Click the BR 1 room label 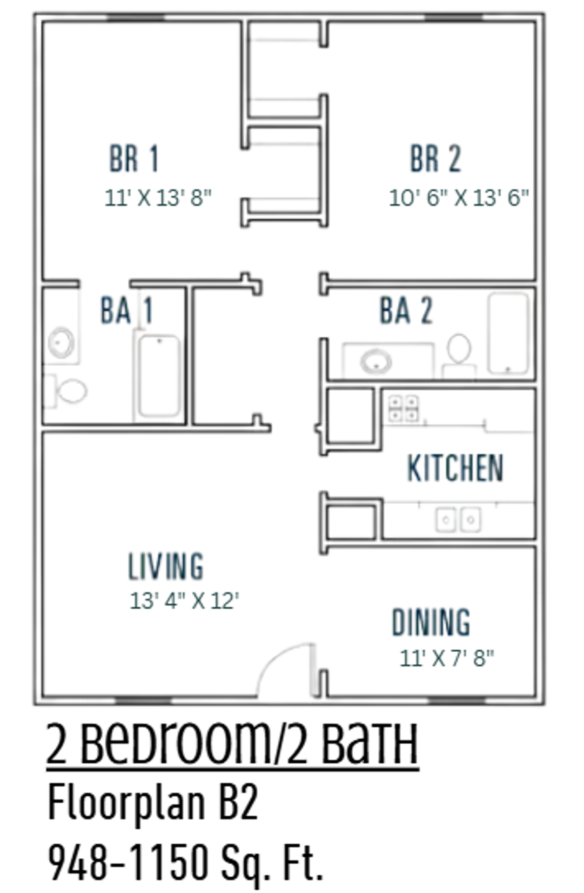coord(134,159)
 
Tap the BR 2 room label coord(435,159)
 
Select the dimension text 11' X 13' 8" coord(158,198)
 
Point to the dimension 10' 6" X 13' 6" coord(459,198)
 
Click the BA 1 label coord(127,311)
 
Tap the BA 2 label coord(406,311)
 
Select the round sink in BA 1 coord(61,343)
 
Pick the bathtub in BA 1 coord(160,376)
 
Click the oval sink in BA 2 coord(376,361)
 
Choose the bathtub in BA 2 coord(508,333)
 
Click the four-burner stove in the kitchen coord(403,409)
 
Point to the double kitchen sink coord(458,520)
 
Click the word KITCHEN coord(455,468)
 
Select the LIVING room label coord(166,566)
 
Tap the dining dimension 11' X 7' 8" coord(446,658)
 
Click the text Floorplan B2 coord(153,803)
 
